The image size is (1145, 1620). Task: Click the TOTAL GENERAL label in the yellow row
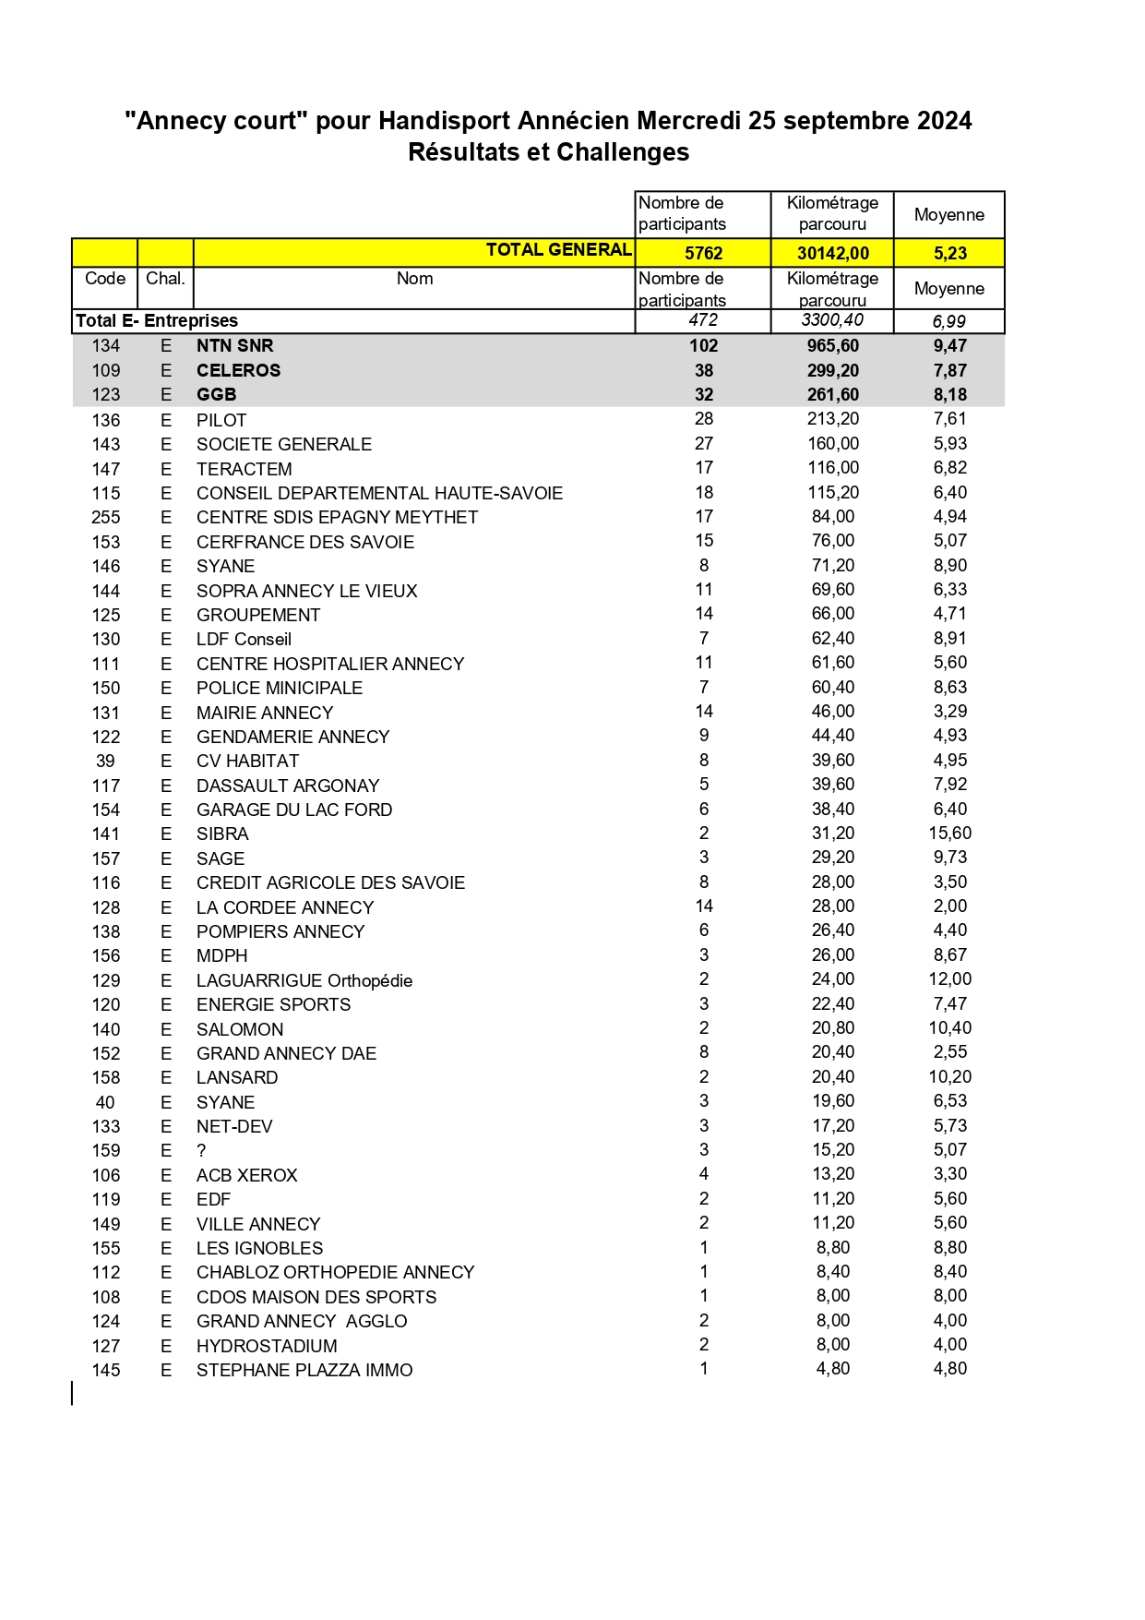click(x=558, y=250)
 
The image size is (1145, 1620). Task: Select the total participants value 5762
click(x=703, y=253)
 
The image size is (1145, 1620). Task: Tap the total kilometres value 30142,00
click(x=832, y=253)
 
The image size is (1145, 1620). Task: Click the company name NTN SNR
click(x=234, y=346)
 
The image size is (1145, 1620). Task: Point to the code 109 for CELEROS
click(x=106, y=370)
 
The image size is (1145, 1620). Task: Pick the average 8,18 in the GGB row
click(x=949, y=395)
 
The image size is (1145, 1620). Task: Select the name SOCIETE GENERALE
click(x=284, y=444)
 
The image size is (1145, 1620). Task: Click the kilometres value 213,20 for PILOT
click(x=832, y=419)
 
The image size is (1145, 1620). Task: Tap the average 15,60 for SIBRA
click(x=949, y=834)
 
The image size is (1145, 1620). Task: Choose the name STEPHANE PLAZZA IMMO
click(x=304, y=1370)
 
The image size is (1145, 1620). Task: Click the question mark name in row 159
click(x=201, y=1150)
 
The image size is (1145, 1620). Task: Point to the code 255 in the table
click(x=106, y=517)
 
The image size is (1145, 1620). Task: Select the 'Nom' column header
click(x=414, y=279)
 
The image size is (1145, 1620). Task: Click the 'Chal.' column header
click(x=165, y=279)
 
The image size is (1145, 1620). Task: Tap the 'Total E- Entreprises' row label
click(x=157, y=321)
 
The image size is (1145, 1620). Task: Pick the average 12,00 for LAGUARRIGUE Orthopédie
click(x=949, y=979)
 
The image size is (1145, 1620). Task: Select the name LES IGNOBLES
click(x=259, y=1248)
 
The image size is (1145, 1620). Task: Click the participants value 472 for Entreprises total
click(x=703, y=320)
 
